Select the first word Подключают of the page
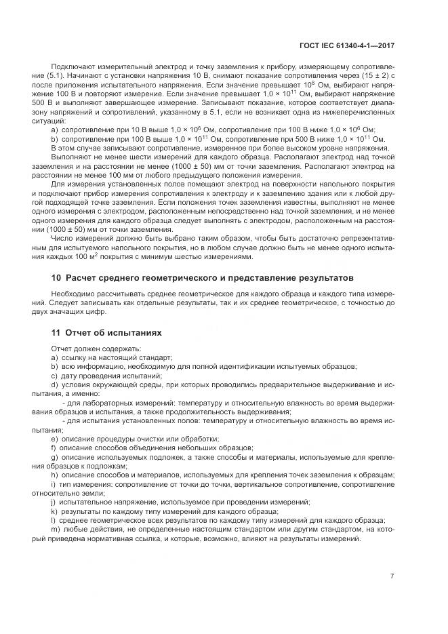tap(70, 68)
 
